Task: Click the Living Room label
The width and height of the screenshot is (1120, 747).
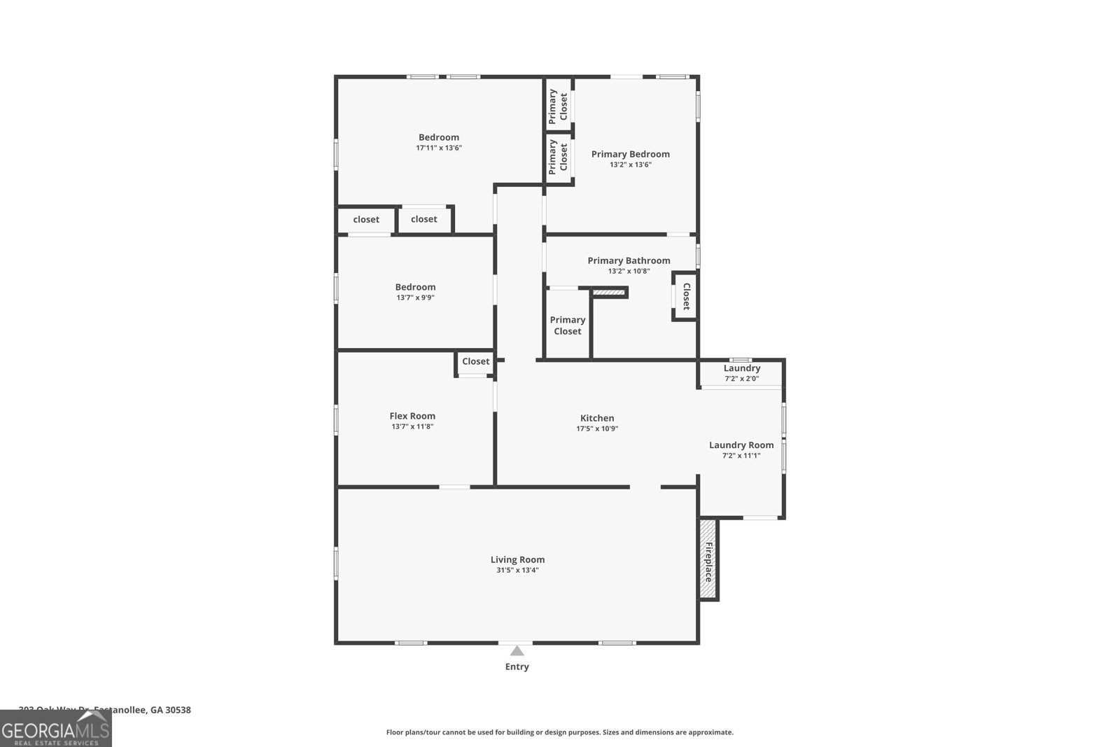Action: [517, 559]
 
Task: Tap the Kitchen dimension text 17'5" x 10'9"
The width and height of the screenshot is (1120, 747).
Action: [597, 428]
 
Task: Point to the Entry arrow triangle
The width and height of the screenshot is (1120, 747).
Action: [517, 651]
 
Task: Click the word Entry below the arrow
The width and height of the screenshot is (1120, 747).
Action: [517, 666]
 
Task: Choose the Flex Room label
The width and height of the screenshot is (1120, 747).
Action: [412, 416]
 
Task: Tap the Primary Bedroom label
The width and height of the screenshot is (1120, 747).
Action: [630, 154]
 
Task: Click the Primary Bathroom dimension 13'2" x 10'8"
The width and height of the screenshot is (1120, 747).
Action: [629, 271]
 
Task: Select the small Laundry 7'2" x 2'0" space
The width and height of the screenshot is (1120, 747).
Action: [741, 372]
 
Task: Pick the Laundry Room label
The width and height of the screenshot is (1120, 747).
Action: [741, 445]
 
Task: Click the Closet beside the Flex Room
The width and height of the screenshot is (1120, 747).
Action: [475, 361]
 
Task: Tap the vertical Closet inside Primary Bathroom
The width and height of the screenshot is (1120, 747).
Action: [686, 295]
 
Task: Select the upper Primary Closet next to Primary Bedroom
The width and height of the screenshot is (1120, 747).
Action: [558, 105]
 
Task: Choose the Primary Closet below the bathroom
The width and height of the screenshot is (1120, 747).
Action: [567, 326]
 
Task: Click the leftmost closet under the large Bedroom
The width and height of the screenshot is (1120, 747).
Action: [366, 219]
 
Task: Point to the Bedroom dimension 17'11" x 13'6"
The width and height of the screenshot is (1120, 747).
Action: [439, 148]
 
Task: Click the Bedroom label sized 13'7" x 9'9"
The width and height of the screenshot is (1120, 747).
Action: [415, 287]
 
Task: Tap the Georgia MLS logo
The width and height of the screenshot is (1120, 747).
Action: [55, 728]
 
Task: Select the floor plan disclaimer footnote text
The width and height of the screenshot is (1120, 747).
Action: [559, 732]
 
